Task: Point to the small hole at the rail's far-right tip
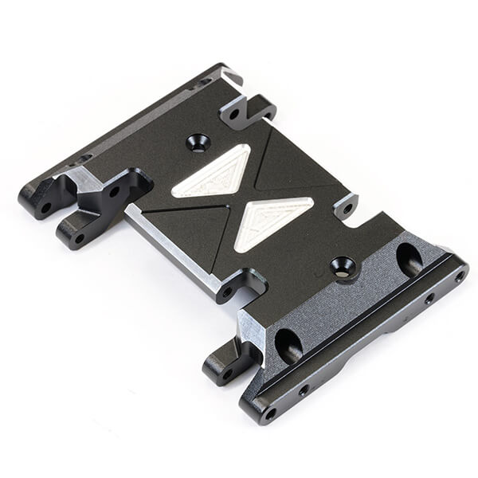[x=459, y=276]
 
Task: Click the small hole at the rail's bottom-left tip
[x=269, y=413]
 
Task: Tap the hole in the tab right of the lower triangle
[x=347, y=209]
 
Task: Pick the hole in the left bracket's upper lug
[x=115, y=191]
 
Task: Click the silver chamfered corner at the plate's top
[x=232, y=77]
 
